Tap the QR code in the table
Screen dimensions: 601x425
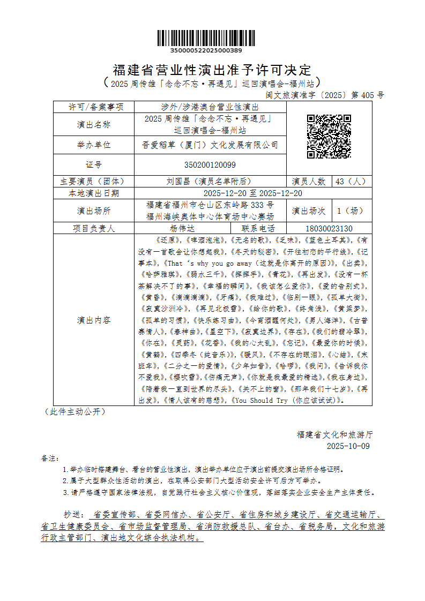point(329,136)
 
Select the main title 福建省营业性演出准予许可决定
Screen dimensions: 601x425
point(212,70)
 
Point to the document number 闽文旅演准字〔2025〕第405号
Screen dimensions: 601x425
point(325,95)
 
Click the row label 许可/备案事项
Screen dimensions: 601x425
point(93,107)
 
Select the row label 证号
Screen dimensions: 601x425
point(93,164)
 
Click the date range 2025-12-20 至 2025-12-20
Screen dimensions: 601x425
point(253,193)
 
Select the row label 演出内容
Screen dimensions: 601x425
point(93,320)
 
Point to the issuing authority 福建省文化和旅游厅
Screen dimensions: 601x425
point(334,434)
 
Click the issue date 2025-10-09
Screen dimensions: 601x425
point(348,446)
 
